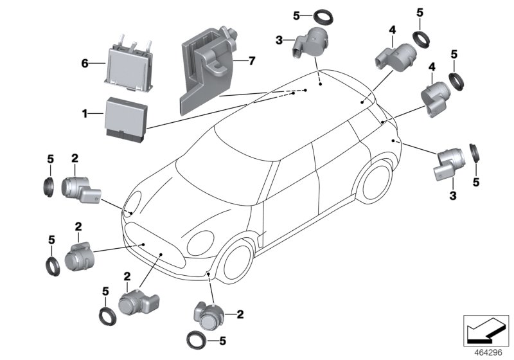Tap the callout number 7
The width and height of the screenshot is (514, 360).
pyautogui.click(x=252, y=61)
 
